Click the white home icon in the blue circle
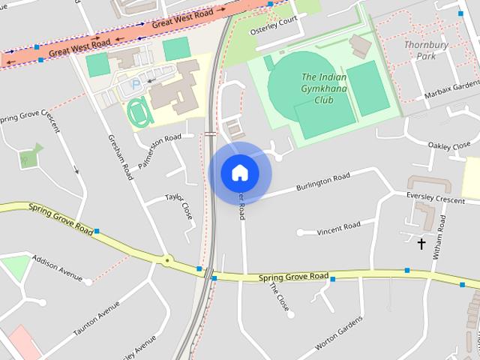(x=240, y=172)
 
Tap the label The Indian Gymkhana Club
(x=324, y=88)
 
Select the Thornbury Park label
(x=426, y=50)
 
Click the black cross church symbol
(x=421, y=244)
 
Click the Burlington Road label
(x=322, y=182)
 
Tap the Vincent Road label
(x=338, y=227)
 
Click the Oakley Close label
(x=448, y=145)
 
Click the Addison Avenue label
(x=57, y=268)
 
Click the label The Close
(x=278, y=298)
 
